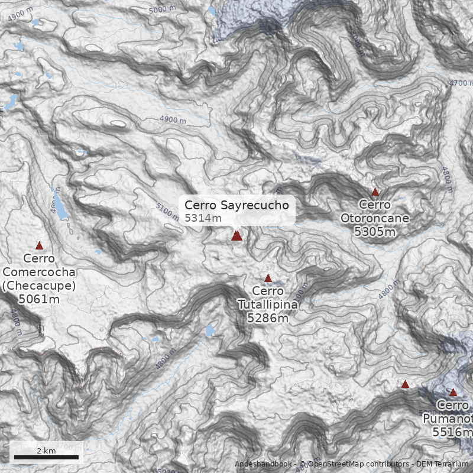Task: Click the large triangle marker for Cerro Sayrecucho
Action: tap(237, 235)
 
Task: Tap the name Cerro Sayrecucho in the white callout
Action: tap(237, 205)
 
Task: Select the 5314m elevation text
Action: tap(203, 218)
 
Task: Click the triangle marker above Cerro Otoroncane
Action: tap(375, 192)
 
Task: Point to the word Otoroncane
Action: tap(375, 218)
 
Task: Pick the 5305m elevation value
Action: tap(375, 232)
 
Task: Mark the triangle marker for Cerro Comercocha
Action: tap(40, 245)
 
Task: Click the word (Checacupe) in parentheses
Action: tap(40, 286)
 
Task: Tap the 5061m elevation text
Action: tap(40, 299)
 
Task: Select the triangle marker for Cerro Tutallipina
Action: tap(268, 278)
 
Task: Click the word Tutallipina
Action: tap(268, 304)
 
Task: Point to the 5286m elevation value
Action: tap(268, 319)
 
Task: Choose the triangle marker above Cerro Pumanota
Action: tap(453, 392)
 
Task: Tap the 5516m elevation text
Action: tap(452, 433)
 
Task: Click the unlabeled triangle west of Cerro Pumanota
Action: tap(405, 384)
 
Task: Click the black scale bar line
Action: tap(46, 457)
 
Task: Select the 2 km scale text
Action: tap(46, 451)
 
